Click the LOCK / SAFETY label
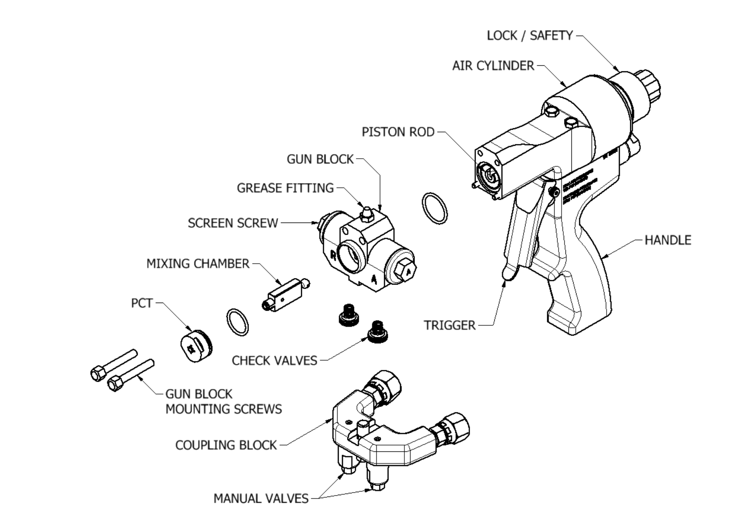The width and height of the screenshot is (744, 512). [x=530, y=36]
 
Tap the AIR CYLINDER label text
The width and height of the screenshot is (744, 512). [x=493, y=66]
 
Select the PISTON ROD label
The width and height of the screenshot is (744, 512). [x=398, y=132]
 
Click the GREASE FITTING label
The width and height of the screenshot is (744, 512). [x=285, y=188]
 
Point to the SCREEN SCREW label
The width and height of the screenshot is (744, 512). [x=232, y=223]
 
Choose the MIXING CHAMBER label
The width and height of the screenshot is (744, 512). [x=198, y=264]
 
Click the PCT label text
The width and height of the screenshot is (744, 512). [x=142, y=303]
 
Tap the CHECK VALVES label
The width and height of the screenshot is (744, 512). [x=274, y=361]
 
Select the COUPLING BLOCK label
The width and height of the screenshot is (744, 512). [x=226, y=445]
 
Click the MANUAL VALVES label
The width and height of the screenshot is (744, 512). [x=261, y=498]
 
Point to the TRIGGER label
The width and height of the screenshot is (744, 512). [x=449, y=325]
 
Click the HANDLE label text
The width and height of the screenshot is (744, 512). [x=668, y=240]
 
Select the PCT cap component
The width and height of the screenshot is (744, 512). [x=196, y=346]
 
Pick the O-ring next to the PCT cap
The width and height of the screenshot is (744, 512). [x=237, y=322]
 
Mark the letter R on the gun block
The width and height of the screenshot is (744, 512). [x=333, y=255]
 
